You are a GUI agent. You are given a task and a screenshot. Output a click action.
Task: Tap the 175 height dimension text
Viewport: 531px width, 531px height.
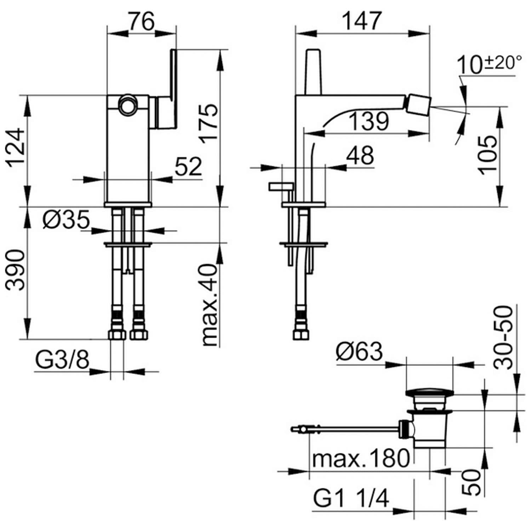click(209, 123)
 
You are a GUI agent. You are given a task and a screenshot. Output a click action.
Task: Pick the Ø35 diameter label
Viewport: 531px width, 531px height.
click(66, 220)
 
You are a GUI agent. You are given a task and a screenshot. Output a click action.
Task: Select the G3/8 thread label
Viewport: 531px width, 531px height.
click(62, 361)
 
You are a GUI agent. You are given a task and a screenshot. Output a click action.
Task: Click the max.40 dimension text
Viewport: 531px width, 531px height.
click(209, 305)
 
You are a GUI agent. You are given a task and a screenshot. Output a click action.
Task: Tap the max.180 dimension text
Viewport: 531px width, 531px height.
click(361, 458)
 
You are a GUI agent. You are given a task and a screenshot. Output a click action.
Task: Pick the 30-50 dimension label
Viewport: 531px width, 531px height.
click(503, 337)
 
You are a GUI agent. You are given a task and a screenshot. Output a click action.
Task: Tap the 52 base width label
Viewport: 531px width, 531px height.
click(188, 166)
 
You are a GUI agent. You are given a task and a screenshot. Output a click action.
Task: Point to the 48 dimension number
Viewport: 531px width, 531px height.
click(360, 155)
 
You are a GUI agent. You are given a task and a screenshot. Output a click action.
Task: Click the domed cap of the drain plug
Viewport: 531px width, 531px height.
click(429, 393)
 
